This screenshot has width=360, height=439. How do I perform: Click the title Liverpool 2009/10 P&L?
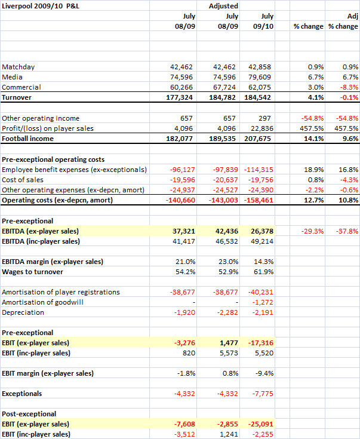point(41,6)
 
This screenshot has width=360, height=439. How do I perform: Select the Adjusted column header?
point(223,6)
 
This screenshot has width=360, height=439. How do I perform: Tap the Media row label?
point(12,77)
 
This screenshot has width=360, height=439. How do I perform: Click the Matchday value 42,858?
point(260,67)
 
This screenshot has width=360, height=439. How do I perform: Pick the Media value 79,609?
point(260,77)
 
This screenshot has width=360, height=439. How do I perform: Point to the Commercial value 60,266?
point(181,87)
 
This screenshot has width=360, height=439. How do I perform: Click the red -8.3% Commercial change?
point(349,87)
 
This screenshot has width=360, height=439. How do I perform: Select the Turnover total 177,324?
point(180,97)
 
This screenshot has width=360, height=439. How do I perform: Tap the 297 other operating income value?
point(264,118)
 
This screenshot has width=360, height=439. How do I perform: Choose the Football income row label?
point(27,139)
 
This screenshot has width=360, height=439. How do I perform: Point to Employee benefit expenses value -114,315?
point(259,170)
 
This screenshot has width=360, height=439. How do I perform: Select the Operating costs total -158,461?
point(259,200)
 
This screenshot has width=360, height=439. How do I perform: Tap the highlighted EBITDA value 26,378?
point(262,231)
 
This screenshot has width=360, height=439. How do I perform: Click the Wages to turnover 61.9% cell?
point(264,272)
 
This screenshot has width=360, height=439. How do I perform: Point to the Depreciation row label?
point(23,312)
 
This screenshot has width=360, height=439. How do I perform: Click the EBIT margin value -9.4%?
point(264,373)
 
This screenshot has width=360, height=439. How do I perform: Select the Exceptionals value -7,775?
point(263,394)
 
